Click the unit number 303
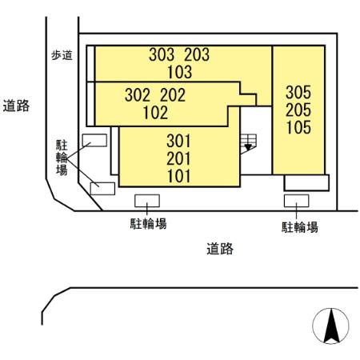162,54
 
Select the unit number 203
197,54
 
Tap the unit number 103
179,72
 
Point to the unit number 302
138,95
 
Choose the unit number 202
173,95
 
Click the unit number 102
155,113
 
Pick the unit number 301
178,141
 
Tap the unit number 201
178,158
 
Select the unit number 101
178,176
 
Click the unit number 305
298,92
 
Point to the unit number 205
298,110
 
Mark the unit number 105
298,127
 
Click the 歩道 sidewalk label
62,55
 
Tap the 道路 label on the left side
16,106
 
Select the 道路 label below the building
220,249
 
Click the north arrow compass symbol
331,326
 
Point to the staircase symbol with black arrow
248,144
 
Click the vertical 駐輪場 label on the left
62,158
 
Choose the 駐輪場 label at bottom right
300,227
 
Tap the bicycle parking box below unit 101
147,201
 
